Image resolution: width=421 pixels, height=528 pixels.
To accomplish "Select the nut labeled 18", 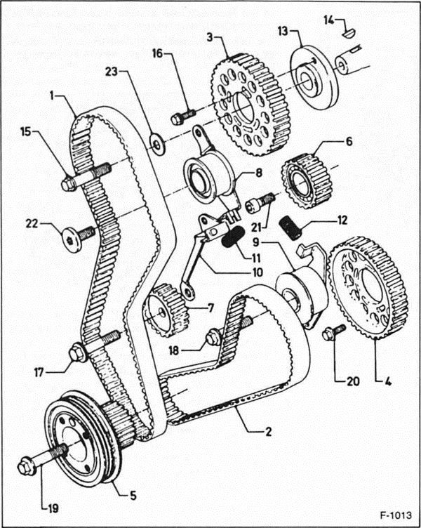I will (213, 337).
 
